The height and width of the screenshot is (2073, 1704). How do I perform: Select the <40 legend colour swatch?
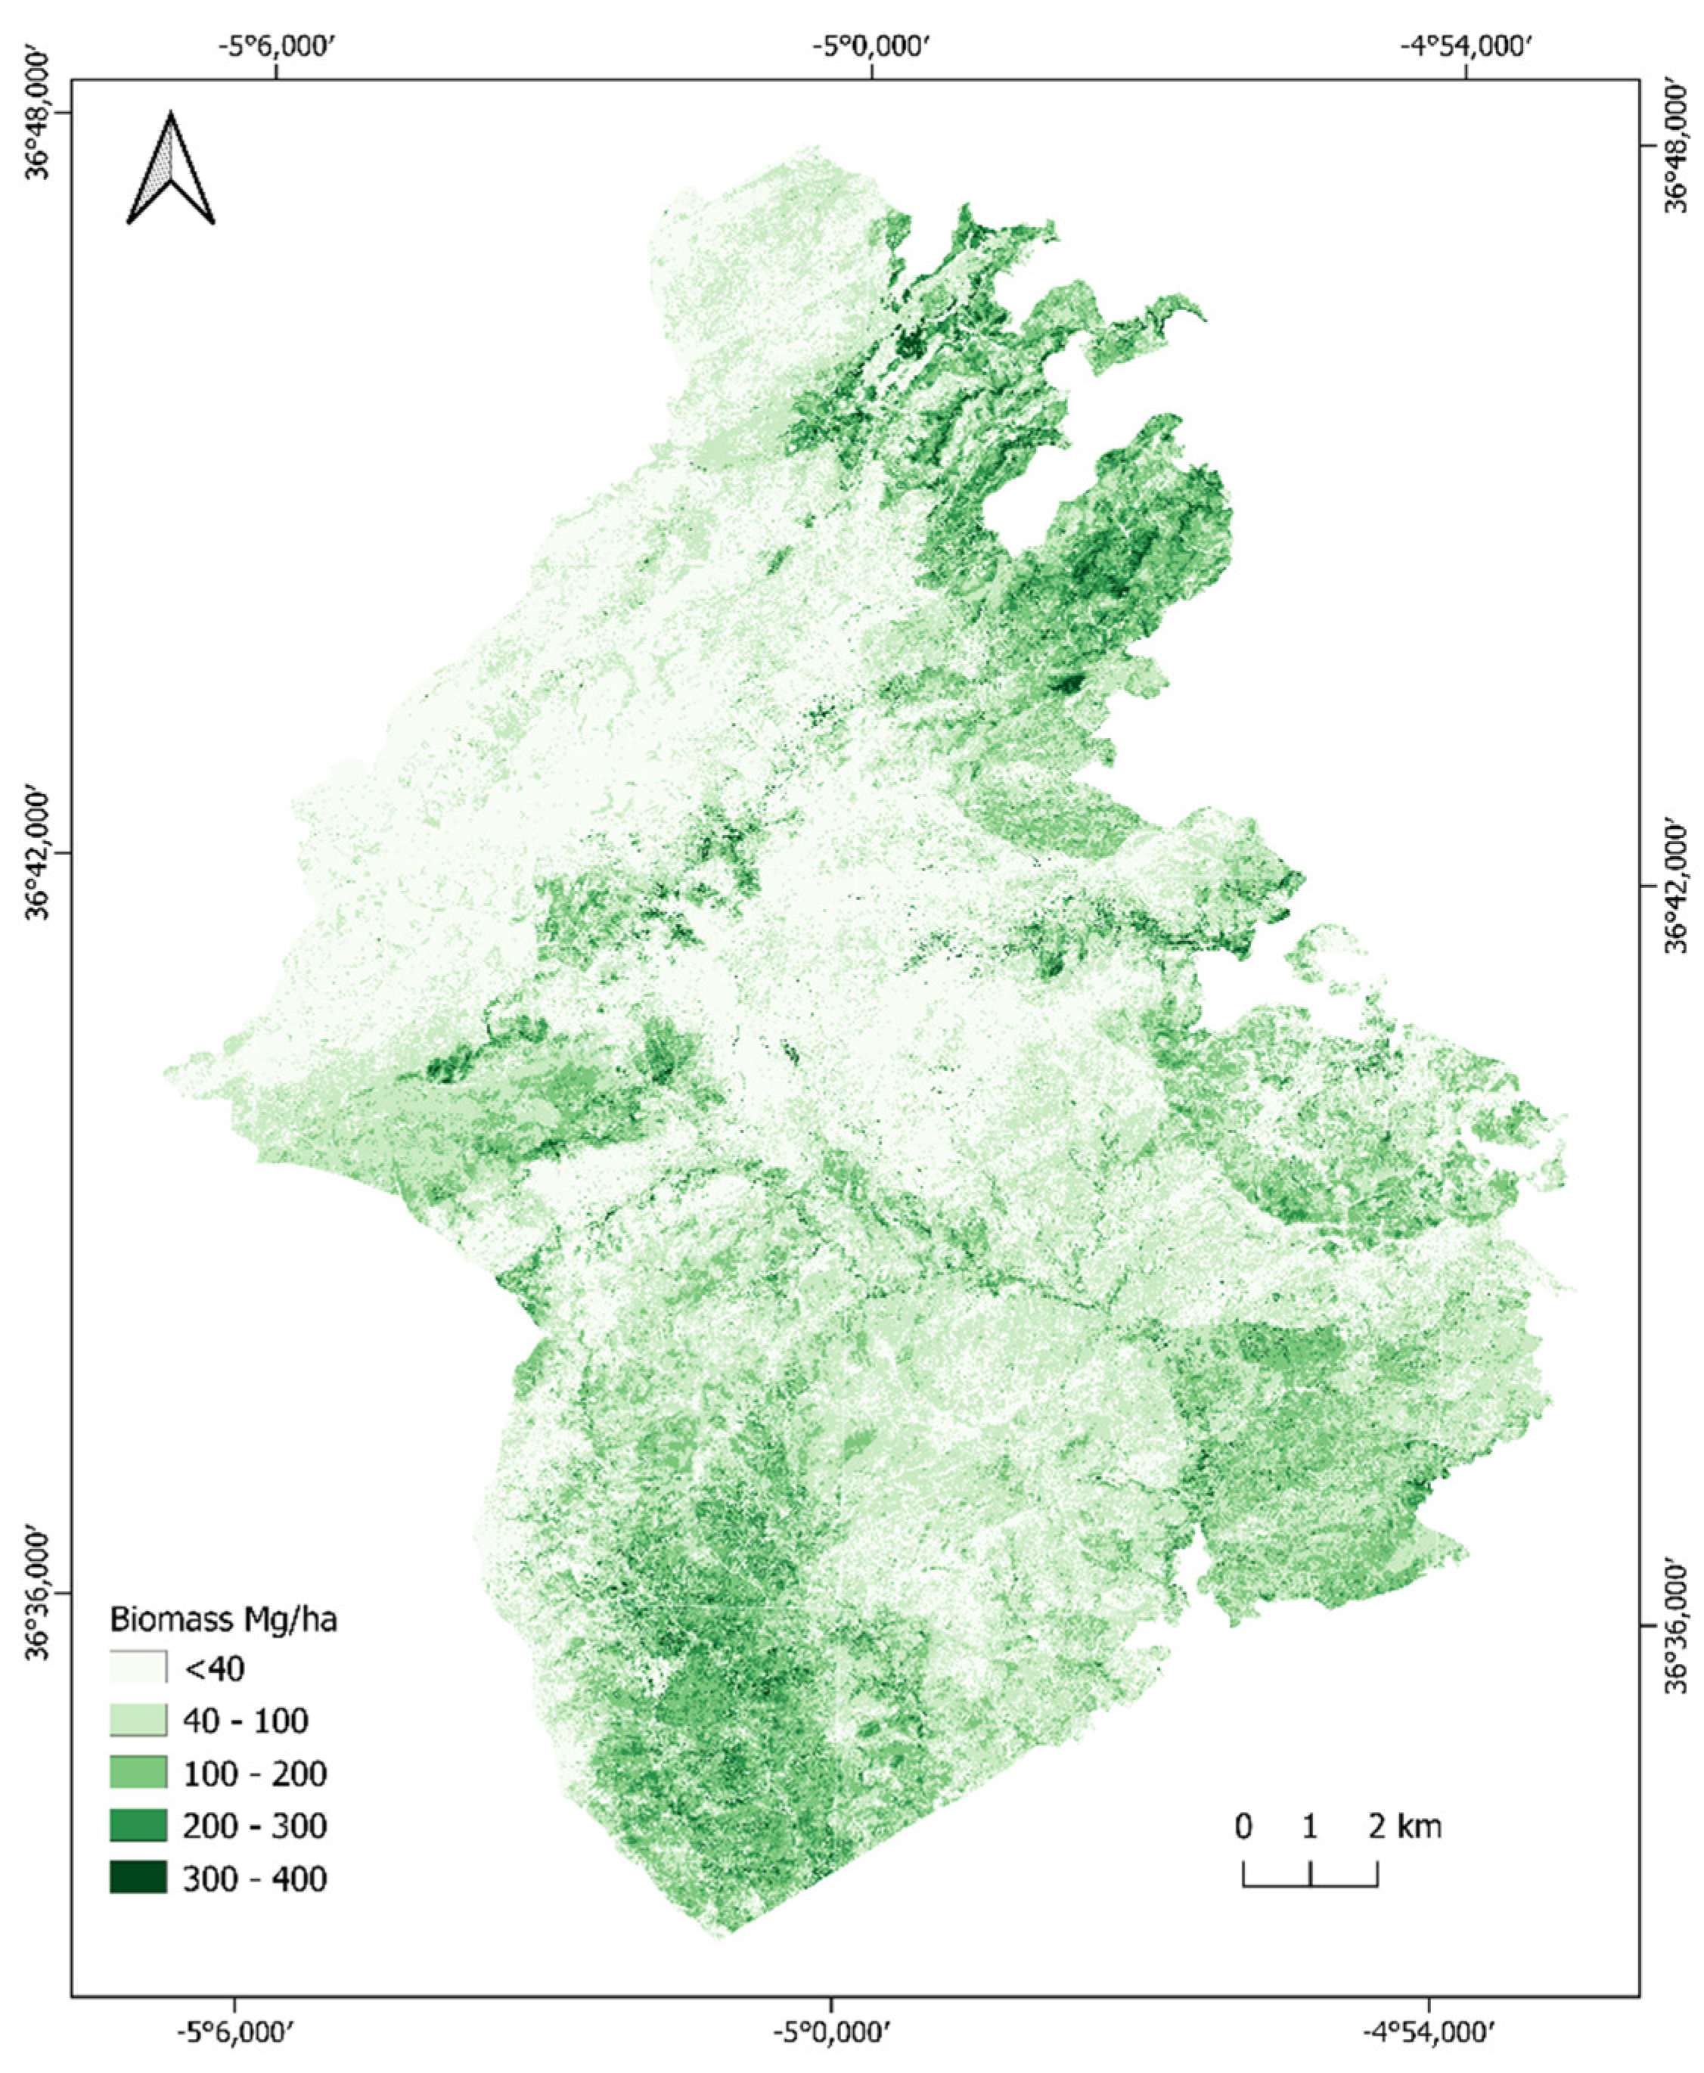tap(138, 1668)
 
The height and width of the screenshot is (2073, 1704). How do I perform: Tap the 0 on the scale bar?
tap(1243, 1826)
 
